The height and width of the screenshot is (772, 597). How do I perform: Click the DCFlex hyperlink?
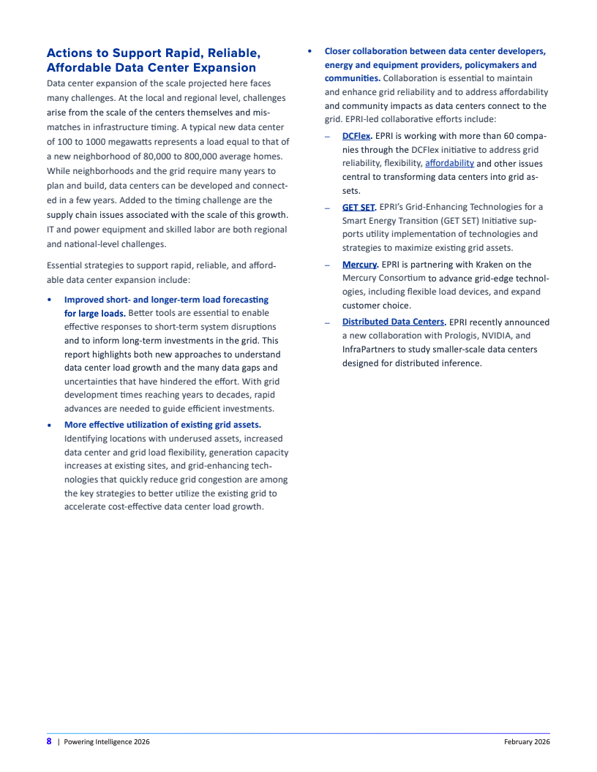pos(356,136)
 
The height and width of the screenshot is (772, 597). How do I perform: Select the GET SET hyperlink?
pos(358,207)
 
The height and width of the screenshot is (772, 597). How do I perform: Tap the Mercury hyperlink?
pos(359,265)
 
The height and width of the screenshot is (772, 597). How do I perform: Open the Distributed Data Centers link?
pos(393,322)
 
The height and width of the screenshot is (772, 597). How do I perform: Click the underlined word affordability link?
pos(449,163)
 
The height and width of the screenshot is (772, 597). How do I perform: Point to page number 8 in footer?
pos(49,741)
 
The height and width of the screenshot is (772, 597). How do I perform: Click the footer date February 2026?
pos(527,742)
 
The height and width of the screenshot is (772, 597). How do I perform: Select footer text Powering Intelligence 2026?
pos(107,742)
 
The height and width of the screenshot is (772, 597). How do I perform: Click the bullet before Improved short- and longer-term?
pos(49,300)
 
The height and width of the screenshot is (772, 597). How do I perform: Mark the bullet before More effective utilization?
pos(49,425)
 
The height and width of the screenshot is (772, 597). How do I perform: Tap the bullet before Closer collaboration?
pos(309,51)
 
